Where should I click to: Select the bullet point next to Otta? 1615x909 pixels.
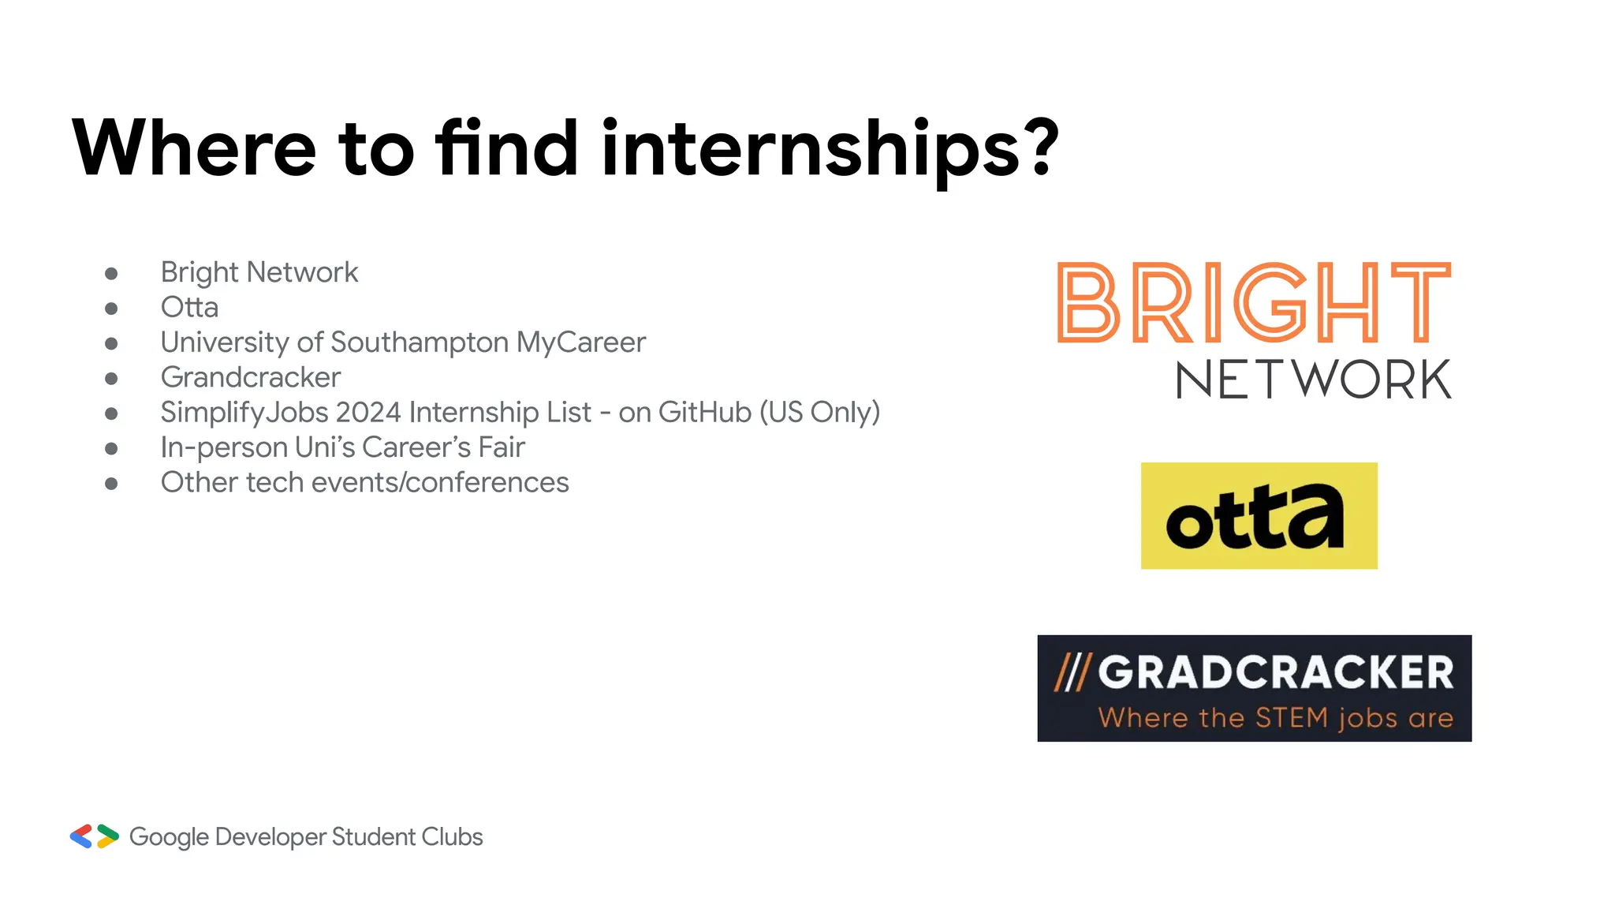tap(111, 309)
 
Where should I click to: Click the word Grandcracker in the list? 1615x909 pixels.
tap(251, 377)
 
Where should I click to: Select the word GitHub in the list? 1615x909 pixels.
tap(704, 412)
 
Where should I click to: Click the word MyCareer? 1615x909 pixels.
tap(581, 342)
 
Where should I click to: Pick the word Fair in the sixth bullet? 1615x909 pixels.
tap(501, 447)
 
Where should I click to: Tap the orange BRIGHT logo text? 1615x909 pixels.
tap(1253, 303)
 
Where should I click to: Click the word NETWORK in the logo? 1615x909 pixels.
tap(1313, 380)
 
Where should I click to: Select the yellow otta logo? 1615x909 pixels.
tap(1259, 516)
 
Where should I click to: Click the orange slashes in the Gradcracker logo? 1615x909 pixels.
tap(1072, 673)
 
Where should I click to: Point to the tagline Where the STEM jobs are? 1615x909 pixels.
tap(1275, 718)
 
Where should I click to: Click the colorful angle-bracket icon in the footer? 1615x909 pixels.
tap(94, 836)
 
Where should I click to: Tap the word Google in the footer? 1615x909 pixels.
tap(169, 837)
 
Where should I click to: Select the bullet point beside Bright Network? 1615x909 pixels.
tap(111, 274)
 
